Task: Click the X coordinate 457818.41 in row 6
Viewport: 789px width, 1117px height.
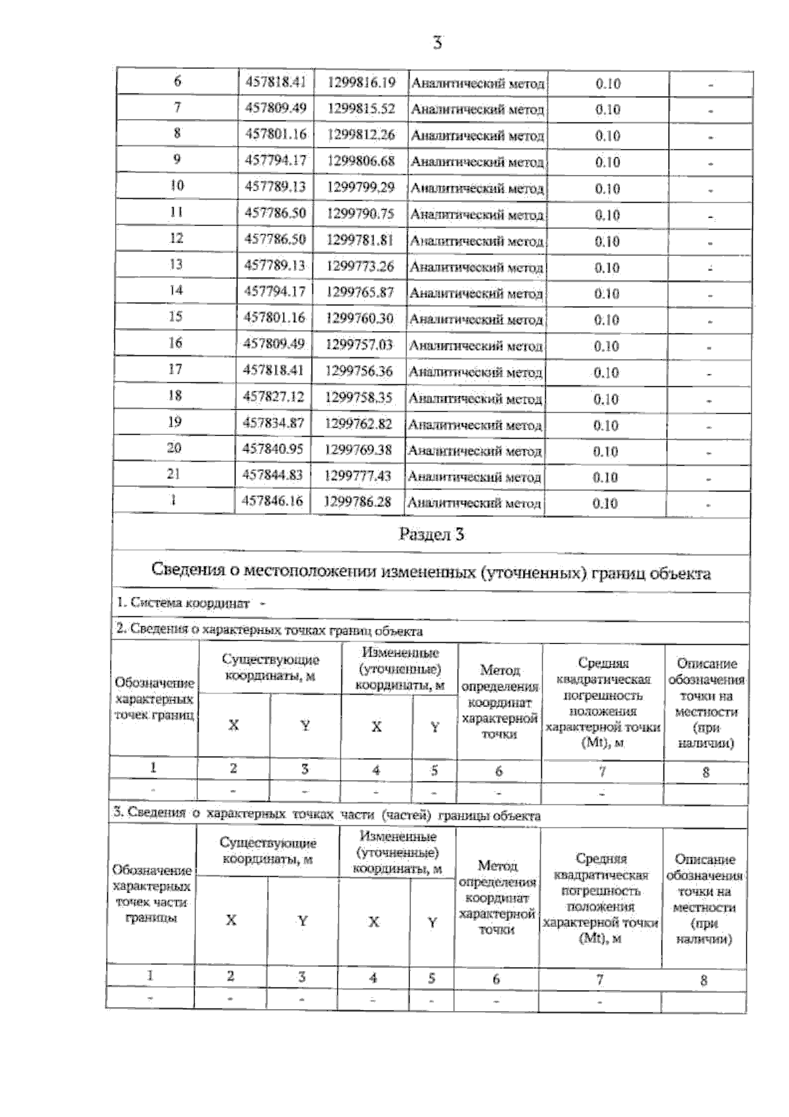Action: pos(275,83)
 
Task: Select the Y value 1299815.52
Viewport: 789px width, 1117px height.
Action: pos(361,109)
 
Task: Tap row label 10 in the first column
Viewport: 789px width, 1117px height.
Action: pos(177,186)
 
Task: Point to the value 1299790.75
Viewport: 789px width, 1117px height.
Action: pos(360,214)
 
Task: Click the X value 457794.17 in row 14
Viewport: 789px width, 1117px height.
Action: pos(275,291)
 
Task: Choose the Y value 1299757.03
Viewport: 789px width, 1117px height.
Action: pos(359,344)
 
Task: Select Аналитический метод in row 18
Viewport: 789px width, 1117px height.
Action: pos(475,399)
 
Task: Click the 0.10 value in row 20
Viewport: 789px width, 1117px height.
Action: pos(606,452)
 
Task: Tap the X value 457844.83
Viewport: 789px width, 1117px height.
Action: pos(273,475)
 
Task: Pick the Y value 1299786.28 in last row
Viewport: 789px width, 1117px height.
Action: pos(358,502)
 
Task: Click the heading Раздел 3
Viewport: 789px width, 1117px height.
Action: pos(431,535)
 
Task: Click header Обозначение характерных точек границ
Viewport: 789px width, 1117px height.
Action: pos(155,699)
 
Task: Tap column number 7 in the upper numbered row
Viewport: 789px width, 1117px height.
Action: pos(602,772)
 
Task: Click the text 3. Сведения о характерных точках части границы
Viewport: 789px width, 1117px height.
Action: pos(327,815)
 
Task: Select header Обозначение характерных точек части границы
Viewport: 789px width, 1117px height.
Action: pos(152,894)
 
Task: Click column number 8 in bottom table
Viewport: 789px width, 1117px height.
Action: pos(703,980)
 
